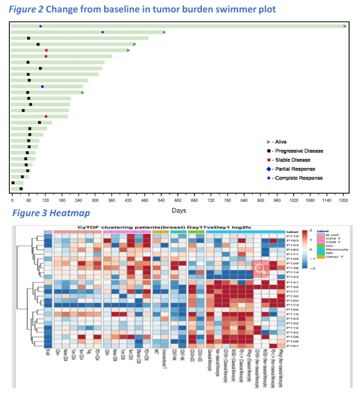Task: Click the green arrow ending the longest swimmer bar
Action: pyautogui.click(x=345, y=26)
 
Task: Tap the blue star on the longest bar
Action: pyautogui.click(x=40, y=26)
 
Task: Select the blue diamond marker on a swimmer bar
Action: pyautogui.click(x=42, y=86)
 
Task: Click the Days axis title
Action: pyautogui.click(x=178, y=210)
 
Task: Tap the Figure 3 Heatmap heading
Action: pyautogui.click(x=51, y=213)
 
